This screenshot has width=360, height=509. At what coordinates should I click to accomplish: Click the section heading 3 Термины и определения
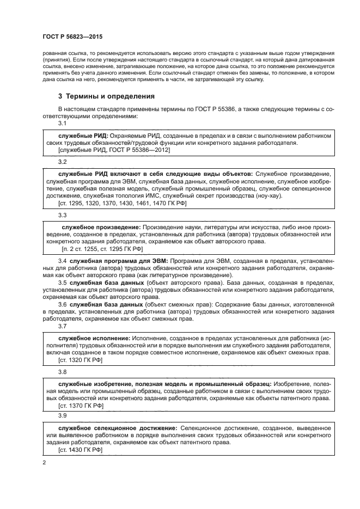(106, 96)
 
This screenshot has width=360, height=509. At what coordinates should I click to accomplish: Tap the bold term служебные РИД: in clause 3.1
(83, 134)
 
